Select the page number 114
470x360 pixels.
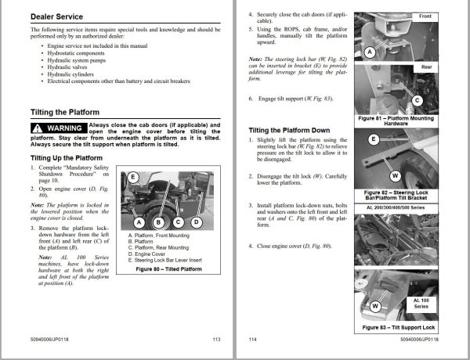pos(252,340)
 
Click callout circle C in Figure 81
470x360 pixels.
pos(416,100)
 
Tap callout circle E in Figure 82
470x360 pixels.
pos(374,139)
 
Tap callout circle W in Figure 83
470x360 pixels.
pos(376,304)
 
